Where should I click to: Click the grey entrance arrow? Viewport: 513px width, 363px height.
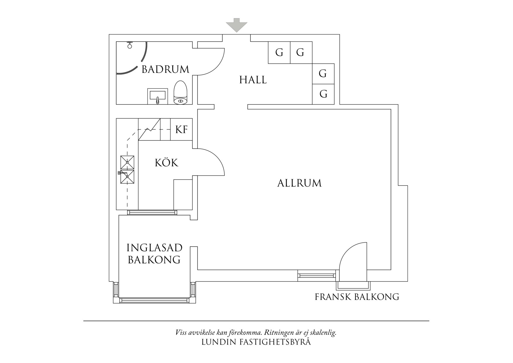[x=237, y=25]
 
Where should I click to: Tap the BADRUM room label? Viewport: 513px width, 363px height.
[x=165, y=69]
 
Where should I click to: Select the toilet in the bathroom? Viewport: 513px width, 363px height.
[x=180, y=93]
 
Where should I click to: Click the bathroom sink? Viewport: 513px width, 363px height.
[x=157, y=96]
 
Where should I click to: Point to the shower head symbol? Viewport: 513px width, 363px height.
[x=130, y=45]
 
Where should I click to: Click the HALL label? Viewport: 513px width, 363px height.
[x=253, y=80]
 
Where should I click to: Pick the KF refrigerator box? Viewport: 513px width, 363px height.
[x=181, y=129]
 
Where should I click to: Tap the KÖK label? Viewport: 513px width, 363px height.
[x=166, y=163]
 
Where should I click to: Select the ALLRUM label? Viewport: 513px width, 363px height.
[x=299, y=183]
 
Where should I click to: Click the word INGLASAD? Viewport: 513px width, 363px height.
[x=154, y=248]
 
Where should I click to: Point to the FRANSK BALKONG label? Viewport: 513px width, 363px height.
[x=357, y=297]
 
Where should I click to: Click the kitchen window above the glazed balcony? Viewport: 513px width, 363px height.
[x=152, y=213]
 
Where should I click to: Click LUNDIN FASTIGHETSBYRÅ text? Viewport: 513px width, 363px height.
[x=256, y=342]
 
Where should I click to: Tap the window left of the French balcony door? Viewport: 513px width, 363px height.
[x=316, y=275]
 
